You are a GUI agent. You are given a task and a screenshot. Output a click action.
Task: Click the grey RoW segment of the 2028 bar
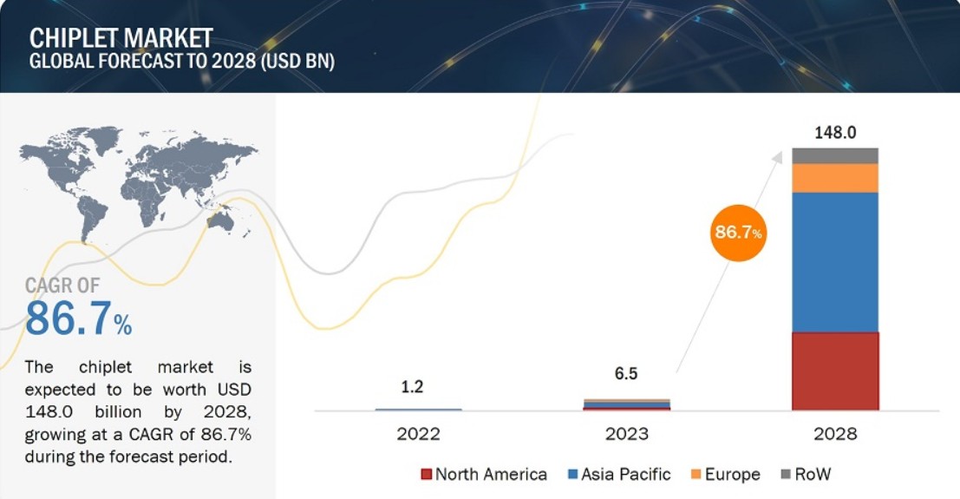835,155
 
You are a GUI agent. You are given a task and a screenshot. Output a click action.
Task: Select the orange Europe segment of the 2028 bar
835,178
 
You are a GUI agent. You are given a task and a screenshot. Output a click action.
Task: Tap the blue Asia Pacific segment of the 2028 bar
835,261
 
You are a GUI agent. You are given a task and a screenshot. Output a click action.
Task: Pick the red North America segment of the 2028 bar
835,371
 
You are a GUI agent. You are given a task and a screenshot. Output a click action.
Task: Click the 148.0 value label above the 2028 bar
835,133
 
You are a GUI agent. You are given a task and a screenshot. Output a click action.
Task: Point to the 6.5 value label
626,374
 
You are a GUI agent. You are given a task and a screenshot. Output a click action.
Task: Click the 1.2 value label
412,386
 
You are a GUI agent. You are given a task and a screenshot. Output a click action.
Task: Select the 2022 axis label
418,433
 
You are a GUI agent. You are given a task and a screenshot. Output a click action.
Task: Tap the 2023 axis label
627,433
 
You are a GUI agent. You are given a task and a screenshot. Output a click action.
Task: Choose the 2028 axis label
835,433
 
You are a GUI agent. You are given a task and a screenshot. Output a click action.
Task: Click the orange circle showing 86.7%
738,233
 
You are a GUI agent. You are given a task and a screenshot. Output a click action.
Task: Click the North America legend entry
483,474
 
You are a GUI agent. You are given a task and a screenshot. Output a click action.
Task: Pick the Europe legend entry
725,474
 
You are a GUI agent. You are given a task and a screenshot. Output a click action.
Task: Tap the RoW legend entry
806,474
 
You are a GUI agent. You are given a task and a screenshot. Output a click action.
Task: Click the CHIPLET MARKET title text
121,37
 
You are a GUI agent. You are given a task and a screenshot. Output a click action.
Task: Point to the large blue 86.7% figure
78,318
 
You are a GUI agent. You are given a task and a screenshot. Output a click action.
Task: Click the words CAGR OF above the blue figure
62,285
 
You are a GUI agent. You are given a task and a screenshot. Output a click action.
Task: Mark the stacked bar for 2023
626,404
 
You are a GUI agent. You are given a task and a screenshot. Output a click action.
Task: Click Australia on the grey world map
222,221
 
